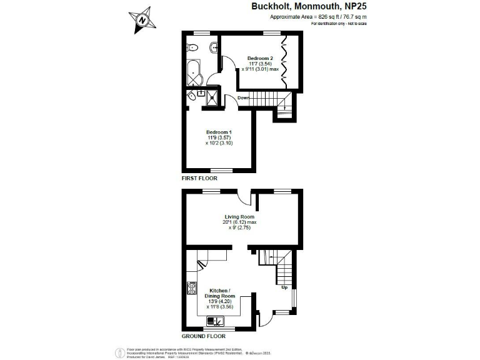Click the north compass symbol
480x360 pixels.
tap(143, 20)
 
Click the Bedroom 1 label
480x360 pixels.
tap(219, 132)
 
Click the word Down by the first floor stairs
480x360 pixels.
tap(244, 98)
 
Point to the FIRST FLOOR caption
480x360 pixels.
tap(199, 179)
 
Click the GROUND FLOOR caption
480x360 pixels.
tap(204, 336)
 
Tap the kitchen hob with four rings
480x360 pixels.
tap(192, 289)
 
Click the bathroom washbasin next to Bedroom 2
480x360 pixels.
tap(214, 46)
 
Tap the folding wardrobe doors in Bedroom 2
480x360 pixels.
tap(284, 60)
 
